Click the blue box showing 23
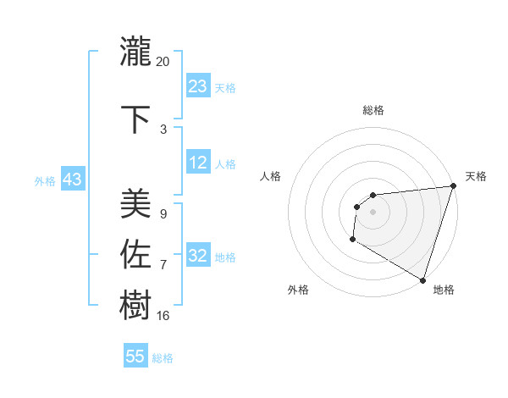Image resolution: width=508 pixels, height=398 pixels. coord(198,86)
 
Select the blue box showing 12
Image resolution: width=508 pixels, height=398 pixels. coord(198,163)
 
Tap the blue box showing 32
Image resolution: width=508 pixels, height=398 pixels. coord(198,257)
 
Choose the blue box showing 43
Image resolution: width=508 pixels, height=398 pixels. coord(72,180)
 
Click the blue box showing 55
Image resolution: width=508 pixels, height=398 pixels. coord(135,357)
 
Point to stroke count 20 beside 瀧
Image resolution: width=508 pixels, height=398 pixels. coord(163,62)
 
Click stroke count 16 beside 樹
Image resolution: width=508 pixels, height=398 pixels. coord(163,315)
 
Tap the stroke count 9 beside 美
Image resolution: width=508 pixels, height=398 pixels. coord(163,214)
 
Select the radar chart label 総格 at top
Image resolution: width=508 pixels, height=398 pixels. coord(373,110)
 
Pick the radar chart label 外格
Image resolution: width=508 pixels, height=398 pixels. coord(298,290)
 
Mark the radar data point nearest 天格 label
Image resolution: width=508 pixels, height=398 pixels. coord(452,187)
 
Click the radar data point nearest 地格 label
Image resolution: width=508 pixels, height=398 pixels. coord(422,279)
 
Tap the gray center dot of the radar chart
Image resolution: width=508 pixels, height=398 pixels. coord(373,212)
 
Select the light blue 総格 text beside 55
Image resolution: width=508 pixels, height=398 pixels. coord(163,358)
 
